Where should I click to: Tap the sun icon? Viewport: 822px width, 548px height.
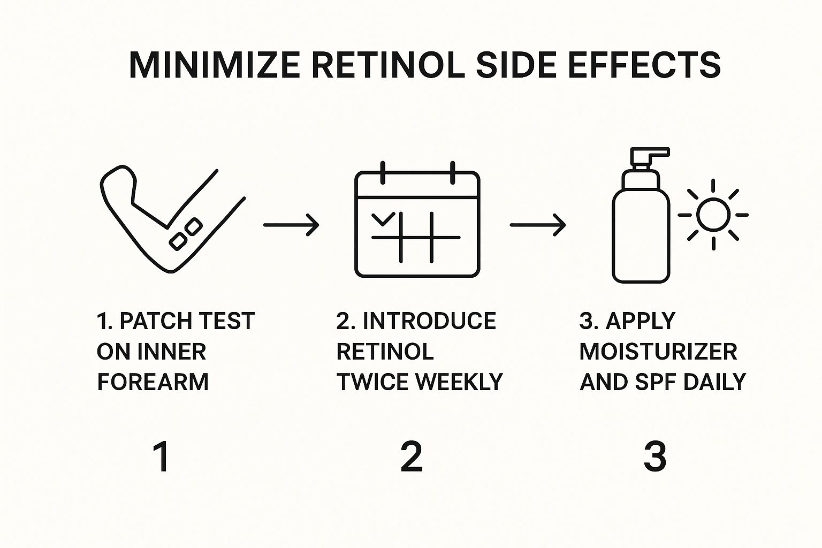coord(713,215)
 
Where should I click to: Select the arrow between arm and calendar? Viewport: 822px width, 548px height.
coord(291,225)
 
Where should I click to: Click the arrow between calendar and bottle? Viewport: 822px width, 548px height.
coord(537,225)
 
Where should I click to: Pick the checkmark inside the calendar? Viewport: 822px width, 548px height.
coord(383,218)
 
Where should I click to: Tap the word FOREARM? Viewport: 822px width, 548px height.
coord(153,382)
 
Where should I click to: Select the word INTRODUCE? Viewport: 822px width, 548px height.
coord(429,321)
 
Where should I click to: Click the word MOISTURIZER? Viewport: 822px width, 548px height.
coord(658,352)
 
